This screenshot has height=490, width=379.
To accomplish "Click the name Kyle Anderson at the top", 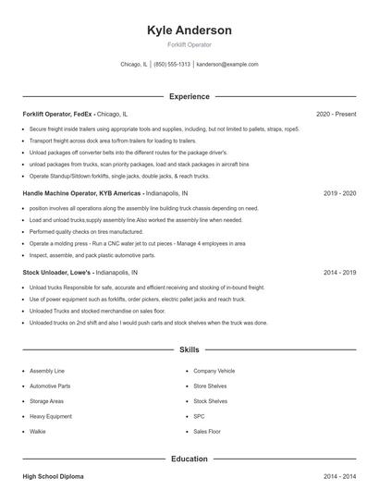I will coord(189,31).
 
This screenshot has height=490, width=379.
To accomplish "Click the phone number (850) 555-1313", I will coord(172,65).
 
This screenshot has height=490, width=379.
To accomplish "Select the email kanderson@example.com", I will coord(227,65).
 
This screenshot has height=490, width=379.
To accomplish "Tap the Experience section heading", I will coord(189,96).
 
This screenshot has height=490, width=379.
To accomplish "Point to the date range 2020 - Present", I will coord(336,114).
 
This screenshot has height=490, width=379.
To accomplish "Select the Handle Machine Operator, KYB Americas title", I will coord(81,194).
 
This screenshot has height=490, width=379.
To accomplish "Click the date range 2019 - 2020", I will coord(340,194).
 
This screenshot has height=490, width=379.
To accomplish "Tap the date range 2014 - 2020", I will coord(340,274).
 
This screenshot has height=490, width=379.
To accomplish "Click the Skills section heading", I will coord(189,350).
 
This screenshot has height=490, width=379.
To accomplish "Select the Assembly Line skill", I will coord(47,370).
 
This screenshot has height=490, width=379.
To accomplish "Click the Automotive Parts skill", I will coord(50,386).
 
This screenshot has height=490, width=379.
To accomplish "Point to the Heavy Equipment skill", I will coord(51,416).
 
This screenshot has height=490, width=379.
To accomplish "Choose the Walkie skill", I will coord(38,432).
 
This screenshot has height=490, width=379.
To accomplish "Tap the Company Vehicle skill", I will coord(214,370).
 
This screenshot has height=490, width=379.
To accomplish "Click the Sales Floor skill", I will coord(207,432).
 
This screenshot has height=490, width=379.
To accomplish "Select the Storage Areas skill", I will coord(46,401).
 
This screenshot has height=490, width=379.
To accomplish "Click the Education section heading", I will coord(189,459).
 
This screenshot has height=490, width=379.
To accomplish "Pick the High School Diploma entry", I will coord(53,476).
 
